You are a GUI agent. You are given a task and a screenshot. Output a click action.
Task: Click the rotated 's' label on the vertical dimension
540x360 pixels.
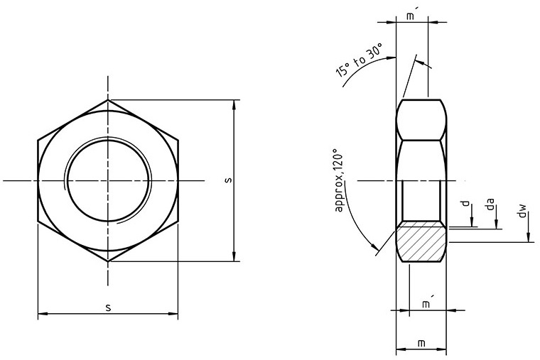point(227,180)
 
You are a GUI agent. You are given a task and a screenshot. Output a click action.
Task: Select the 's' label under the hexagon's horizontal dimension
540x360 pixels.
point(108,306)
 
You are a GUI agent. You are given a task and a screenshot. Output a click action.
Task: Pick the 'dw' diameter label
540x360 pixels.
point(523,210)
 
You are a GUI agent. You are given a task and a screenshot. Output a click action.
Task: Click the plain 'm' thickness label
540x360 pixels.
point(421,344)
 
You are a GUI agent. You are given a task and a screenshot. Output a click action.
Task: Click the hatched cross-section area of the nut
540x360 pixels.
point(421,241)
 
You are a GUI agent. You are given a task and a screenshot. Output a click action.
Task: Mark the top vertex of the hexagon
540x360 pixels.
point(109,99)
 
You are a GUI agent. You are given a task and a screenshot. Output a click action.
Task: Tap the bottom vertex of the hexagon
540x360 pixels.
point(109,262)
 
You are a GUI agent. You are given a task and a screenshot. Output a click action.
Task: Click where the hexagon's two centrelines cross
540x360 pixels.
point(109,181)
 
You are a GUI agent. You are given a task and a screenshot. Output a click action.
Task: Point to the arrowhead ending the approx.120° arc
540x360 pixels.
point(375,249)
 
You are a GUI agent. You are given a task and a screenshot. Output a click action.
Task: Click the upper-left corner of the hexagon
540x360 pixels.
point(38,139)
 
